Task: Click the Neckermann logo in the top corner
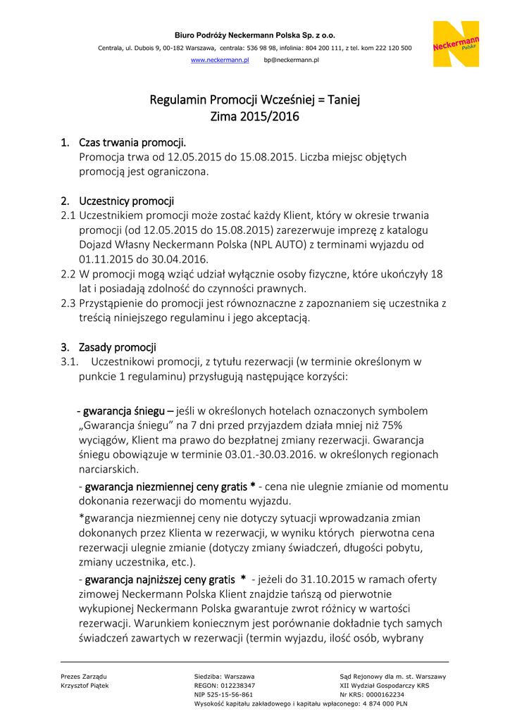click(456, 44)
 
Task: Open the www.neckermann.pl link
click(220, 61)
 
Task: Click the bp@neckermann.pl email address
click(291, 61)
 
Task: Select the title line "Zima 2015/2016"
click(254, 117)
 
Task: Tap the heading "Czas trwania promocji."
click(132, 143)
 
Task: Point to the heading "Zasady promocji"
click(117, 347)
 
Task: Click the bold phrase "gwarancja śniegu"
click(125, 410)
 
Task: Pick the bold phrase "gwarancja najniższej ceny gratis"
click(160, 579)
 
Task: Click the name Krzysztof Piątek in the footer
click(85, 685)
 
